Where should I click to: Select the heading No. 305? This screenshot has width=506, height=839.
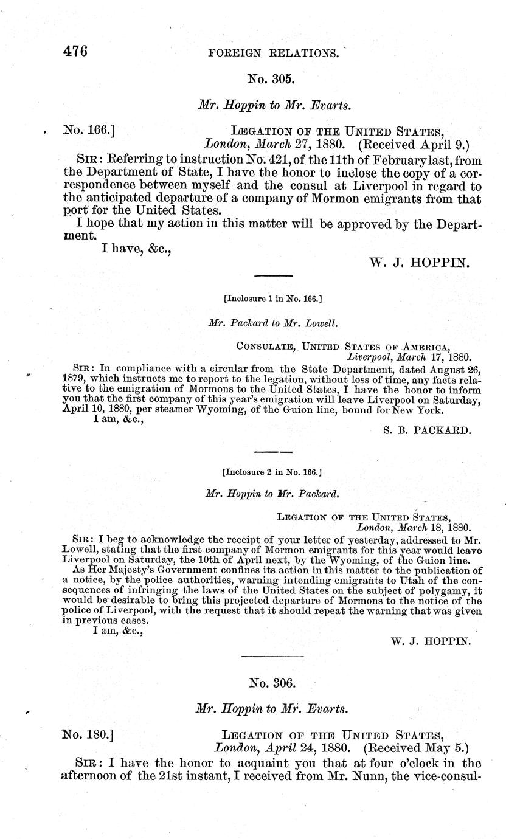(x=271, y=78)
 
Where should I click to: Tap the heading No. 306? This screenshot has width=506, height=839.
(x=272, y=683)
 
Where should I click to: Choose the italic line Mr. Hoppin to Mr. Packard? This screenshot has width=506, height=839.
(x=272, y=494)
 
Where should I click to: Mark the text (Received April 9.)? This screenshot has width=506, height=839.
(x=414, y=145)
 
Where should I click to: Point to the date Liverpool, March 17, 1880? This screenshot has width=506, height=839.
(x=408, y=358)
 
